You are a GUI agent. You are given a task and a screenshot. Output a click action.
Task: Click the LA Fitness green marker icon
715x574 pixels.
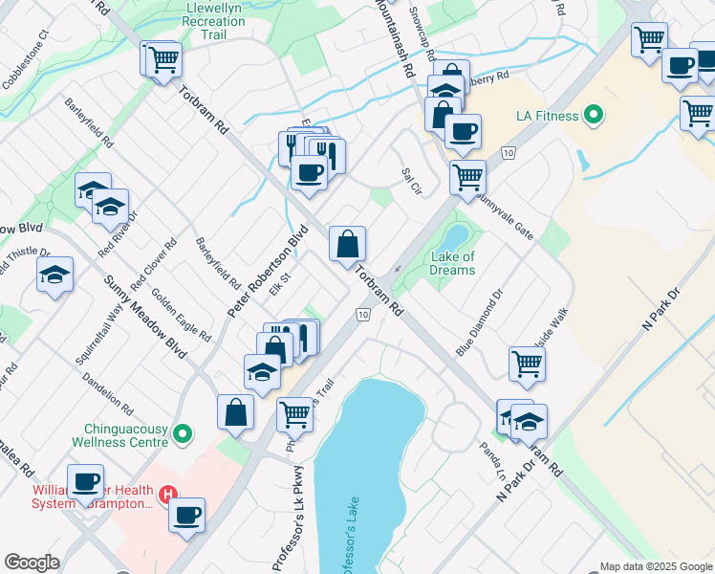594,116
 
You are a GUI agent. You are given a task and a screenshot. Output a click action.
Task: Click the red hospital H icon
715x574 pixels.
168,495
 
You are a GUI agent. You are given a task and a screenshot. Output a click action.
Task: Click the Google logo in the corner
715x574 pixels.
32,563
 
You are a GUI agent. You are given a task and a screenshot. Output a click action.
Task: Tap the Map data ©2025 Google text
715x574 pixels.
656,566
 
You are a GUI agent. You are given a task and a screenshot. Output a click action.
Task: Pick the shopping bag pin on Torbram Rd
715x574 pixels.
347,245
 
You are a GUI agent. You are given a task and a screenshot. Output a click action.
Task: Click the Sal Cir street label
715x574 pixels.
411,178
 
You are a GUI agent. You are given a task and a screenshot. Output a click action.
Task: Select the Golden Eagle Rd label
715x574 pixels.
181,315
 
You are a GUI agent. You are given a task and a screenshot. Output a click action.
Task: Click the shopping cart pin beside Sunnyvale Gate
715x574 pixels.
467,176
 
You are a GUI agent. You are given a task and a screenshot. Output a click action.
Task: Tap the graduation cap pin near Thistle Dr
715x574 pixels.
55,276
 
